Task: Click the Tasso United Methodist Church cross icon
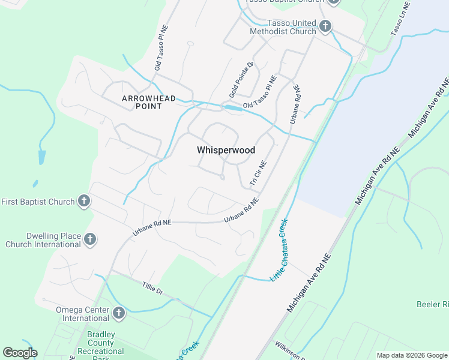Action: (325, 26)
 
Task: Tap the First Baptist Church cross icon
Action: (84, 201)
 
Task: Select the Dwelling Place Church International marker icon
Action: (90, 240)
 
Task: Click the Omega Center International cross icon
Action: (118, 313)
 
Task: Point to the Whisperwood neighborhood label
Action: (226, 151)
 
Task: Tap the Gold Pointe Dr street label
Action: (241, 80)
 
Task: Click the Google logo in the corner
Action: (20, 353)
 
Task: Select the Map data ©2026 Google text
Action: (412, 355)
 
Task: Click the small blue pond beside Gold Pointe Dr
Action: (233, 108)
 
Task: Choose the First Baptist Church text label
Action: (37, 202)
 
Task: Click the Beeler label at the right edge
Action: (433, 305)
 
